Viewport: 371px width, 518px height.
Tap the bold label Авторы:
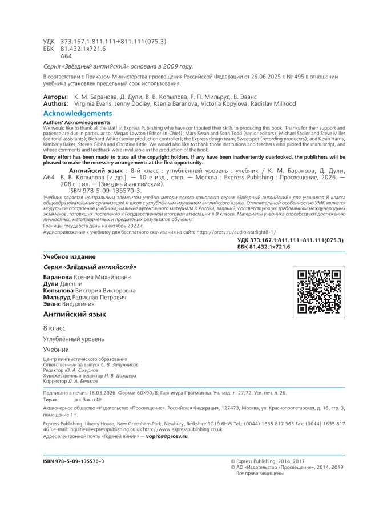56,98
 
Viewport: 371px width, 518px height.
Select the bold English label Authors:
56,104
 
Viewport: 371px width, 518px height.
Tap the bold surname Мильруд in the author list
57,298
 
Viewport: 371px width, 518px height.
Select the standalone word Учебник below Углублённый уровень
56,348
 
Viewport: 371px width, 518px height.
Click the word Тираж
50,401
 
